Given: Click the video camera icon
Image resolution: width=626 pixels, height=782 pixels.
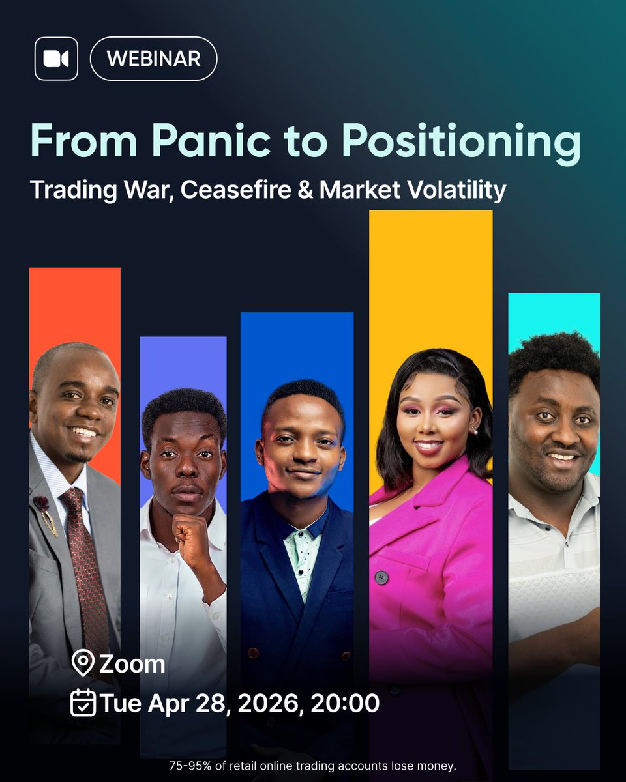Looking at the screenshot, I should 56,59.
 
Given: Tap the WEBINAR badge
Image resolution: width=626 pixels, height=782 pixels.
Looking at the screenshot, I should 153,59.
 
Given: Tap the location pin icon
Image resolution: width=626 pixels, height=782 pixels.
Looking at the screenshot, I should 83,665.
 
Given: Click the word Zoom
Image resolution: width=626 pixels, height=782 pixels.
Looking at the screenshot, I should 132,665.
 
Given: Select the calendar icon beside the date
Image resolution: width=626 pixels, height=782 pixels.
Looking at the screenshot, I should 83,704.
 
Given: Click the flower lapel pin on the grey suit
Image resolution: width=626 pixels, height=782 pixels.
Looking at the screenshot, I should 42,505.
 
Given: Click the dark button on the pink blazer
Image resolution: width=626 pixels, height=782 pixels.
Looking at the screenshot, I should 381,577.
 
